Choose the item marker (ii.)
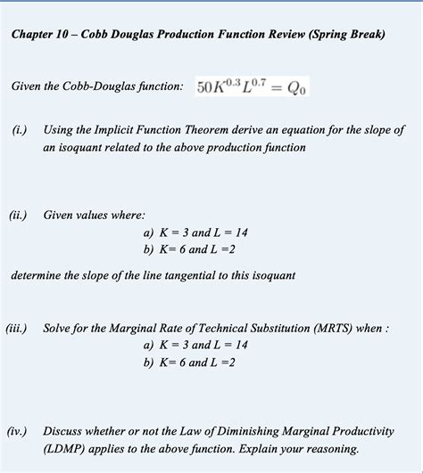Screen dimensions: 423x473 coord(20,215)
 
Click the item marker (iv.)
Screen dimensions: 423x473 coord(20,430)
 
